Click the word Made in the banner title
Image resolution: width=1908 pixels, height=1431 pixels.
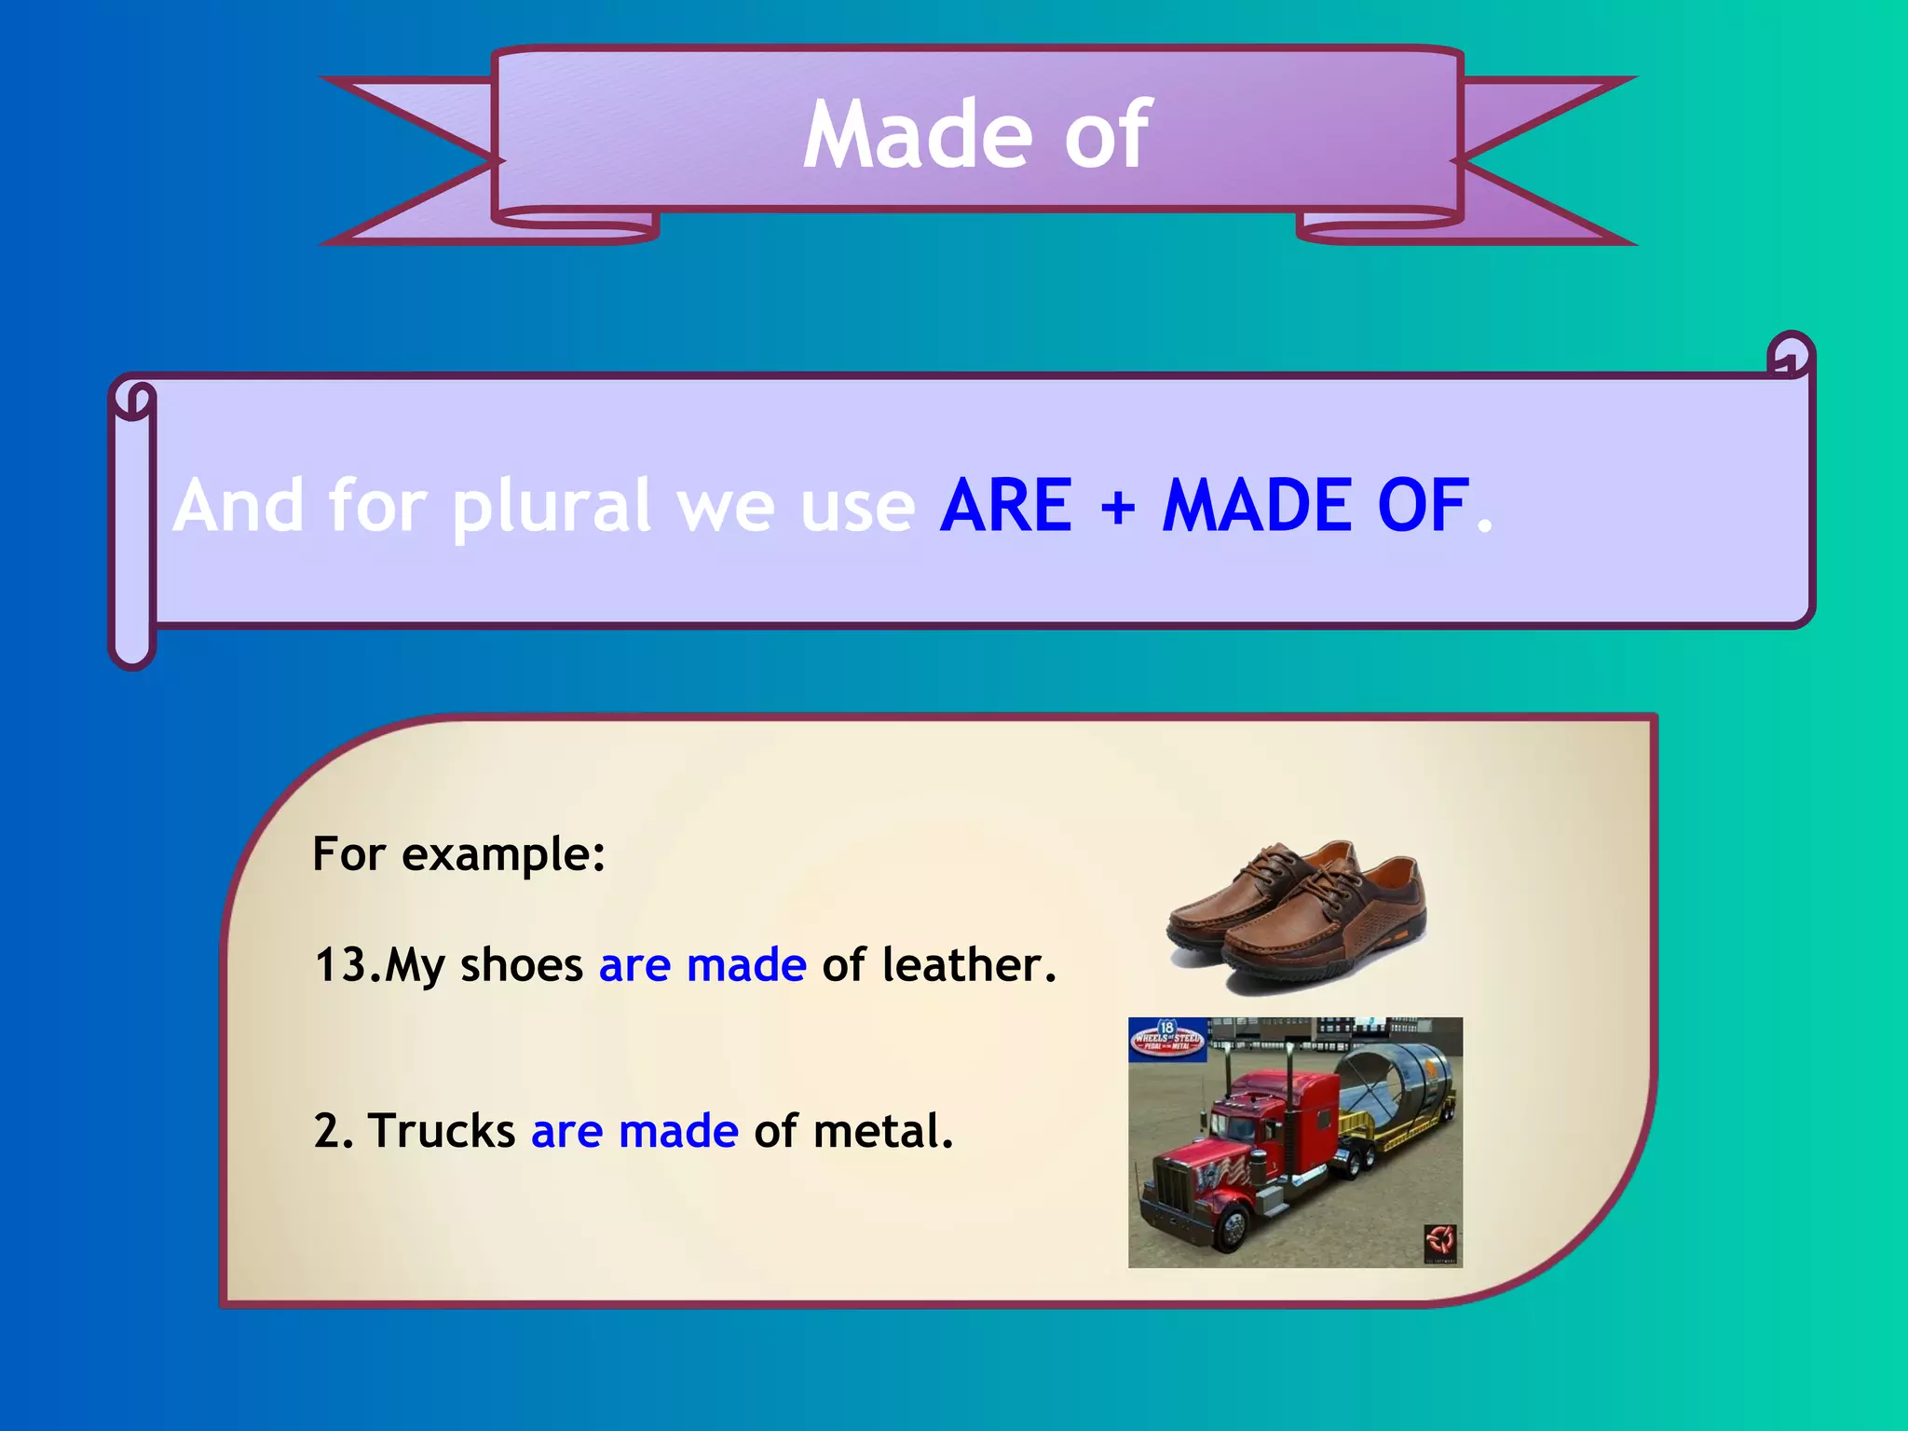(x=918, y=136)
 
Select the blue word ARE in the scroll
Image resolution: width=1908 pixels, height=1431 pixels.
(x=1006, y=506)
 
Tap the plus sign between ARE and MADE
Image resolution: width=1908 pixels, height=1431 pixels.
(x=1117, y=508)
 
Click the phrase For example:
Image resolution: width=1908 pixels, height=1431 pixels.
(x=458, y=853)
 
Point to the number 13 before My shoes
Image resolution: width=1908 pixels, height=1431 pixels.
(x=339, y=965)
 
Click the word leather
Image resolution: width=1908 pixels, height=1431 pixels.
(x=969, y=965)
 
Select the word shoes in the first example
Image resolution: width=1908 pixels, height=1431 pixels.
(x=521, y=965)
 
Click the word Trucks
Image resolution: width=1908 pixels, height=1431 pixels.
(x=442, y=1131)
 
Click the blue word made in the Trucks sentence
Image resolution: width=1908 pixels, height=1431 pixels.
(x=678, y=1131)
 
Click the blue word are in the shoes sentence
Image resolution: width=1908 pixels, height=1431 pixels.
(x=634, y=965)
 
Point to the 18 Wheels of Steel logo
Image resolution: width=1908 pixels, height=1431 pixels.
(x=1166, y=1039)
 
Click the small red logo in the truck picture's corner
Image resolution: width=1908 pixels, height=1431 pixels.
(x=1440, y=1241)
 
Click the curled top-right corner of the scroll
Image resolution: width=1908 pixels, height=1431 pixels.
(x=1790, y=355)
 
